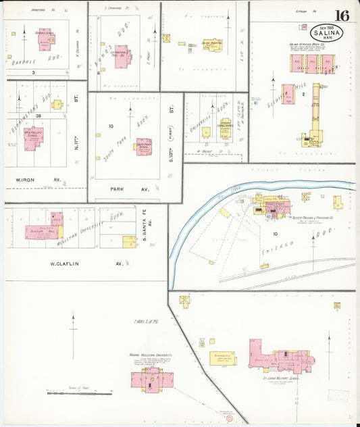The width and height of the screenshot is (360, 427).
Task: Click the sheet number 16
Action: (342, 16)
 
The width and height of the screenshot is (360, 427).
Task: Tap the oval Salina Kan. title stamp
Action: (326, 32)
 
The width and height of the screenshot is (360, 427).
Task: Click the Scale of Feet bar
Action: (79, 393)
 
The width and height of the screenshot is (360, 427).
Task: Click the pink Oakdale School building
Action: (45, 41)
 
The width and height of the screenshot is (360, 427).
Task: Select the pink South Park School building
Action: (144, 146)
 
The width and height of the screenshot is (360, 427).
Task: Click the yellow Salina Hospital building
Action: (215, 45)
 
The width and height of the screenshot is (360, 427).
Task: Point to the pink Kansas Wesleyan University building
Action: (151, 376)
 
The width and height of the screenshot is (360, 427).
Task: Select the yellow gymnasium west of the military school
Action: (222, 358)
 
